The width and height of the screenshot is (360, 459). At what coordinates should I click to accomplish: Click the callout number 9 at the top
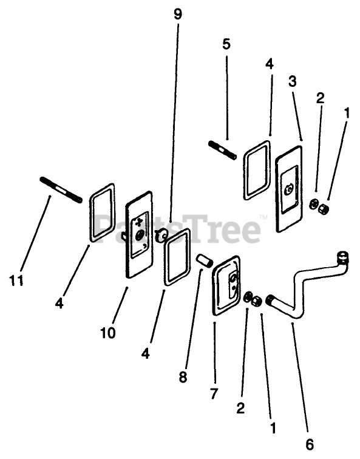coord(178,14)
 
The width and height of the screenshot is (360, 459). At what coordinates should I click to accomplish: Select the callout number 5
coord(226,44)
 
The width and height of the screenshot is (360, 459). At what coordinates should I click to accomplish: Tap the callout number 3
coord(292,81)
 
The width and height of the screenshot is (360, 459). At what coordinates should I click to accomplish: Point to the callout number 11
coord(16,281)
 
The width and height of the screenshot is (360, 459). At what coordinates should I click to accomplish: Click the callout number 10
coord(108,333)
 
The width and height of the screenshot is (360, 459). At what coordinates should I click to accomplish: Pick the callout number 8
coord(183,377)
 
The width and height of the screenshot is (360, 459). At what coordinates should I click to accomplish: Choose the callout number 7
coord(214,393)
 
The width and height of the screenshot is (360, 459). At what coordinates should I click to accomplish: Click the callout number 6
coord(310,444)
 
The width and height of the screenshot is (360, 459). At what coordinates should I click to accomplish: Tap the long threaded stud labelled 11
coord(61,189)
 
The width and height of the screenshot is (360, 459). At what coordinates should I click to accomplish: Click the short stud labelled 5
coord(223,151)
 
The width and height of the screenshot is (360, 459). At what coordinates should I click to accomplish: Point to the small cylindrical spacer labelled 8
coord(205,260)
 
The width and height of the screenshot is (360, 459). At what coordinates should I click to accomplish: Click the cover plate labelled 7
coord(226,286)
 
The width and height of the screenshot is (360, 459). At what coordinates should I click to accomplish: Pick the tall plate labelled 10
coord(139,234)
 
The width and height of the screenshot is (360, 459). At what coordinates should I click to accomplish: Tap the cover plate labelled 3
coord(289,189)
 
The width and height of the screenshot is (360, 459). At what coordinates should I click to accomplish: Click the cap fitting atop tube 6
coord(343,256)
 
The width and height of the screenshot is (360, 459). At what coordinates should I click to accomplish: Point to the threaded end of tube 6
coord(270,301)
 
